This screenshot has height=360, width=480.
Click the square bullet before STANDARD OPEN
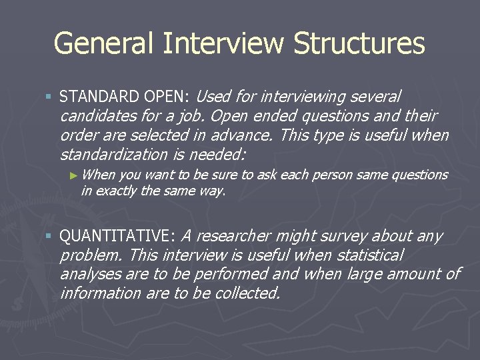pos(49,97)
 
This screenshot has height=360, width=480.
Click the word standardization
pos(114,155)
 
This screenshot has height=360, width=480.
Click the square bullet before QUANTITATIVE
pos(49,236)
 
